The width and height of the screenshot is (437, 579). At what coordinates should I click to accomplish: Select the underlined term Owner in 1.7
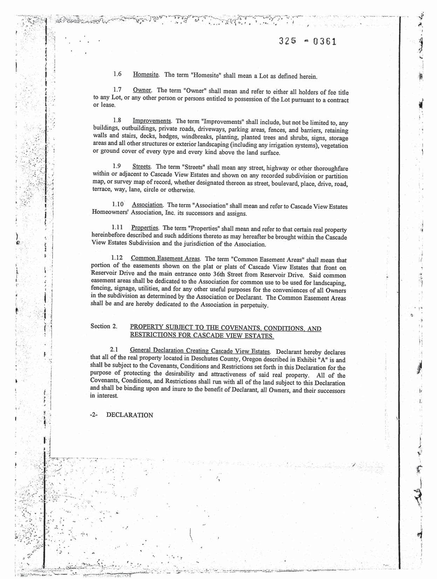[142, 90]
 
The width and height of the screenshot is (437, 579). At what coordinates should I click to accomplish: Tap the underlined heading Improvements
[152, 121]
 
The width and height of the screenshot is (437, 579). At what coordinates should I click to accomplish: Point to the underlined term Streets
[142, 167]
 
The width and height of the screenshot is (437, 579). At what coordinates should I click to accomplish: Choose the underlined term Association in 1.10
[148, 205]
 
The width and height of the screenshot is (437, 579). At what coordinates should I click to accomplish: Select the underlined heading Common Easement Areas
[165, 258]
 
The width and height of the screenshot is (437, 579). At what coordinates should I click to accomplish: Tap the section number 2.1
[114, 350]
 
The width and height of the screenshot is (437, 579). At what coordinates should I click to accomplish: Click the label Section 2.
[104, 326]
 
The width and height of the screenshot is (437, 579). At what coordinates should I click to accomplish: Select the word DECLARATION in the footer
[130, 415]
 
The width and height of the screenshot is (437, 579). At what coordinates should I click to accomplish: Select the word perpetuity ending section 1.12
[254, 305]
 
